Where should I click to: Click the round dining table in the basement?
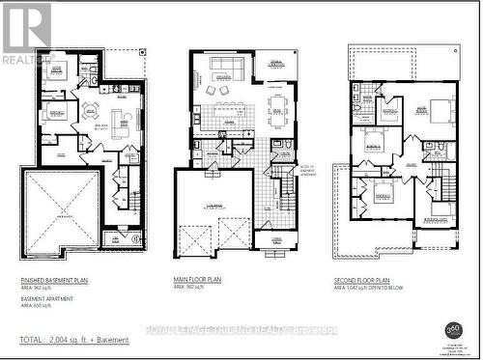[x=90, y=109]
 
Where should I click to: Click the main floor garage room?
[x=214, y=208]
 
